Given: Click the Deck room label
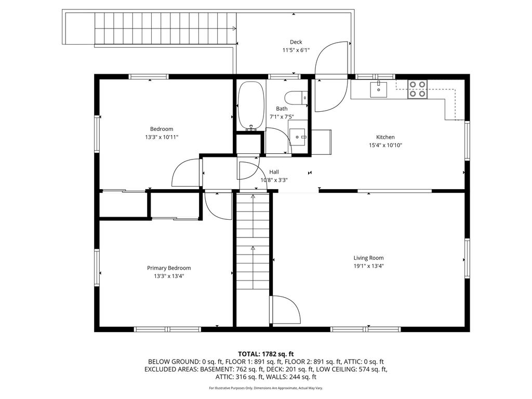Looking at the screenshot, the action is pos(296,42).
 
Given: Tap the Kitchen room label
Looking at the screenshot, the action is pos(385,137).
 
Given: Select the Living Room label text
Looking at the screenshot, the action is pos(368,258).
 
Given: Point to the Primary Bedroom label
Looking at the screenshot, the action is pos(169,268).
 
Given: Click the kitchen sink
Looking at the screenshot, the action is pos(379,89).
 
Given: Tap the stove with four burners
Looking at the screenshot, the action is pos(417,89).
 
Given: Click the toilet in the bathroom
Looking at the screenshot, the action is pos(296,98).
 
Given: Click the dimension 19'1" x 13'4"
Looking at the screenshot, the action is pos(368,267).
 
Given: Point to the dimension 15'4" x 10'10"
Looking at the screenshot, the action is pos(385,145).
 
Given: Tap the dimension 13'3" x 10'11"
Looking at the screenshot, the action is pos(162,137).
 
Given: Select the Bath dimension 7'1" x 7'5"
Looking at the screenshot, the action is pos(282,117).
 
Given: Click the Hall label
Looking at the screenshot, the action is pos(274,172).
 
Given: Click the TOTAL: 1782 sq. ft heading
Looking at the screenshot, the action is pos(265,354).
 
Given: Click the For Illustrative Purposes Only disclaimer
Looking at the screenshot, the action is pos(265,388).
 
